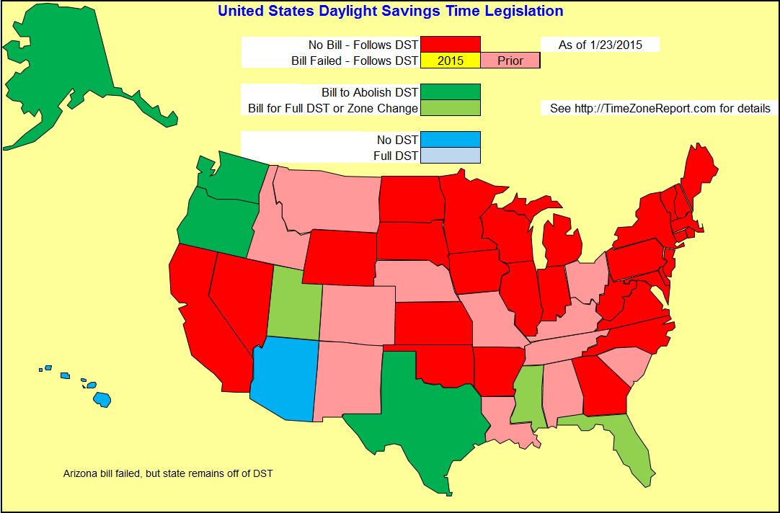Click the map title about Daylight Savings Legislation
(x=390, y=12)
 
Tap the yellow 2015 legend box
(x=451, y=61)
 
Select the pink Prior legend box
(x=510, y=61)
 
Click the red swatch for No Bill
(x=451, y=45)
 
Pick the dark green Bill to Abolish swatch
(x=451, y=92)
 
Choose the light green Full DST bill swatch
(x=451, y=108)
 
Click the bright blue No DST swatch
(x=451, y=139)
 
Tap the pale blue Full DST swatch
(x=451, y=156)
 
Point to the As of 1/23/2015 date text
(x=599, y=45)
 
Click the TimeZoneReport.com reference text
(x=660, y=109)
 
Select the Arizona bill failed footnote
(x=168, y=474)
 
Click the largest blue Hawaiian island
(x=102, y=399)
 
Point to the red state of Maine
(x=699, y=173)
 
